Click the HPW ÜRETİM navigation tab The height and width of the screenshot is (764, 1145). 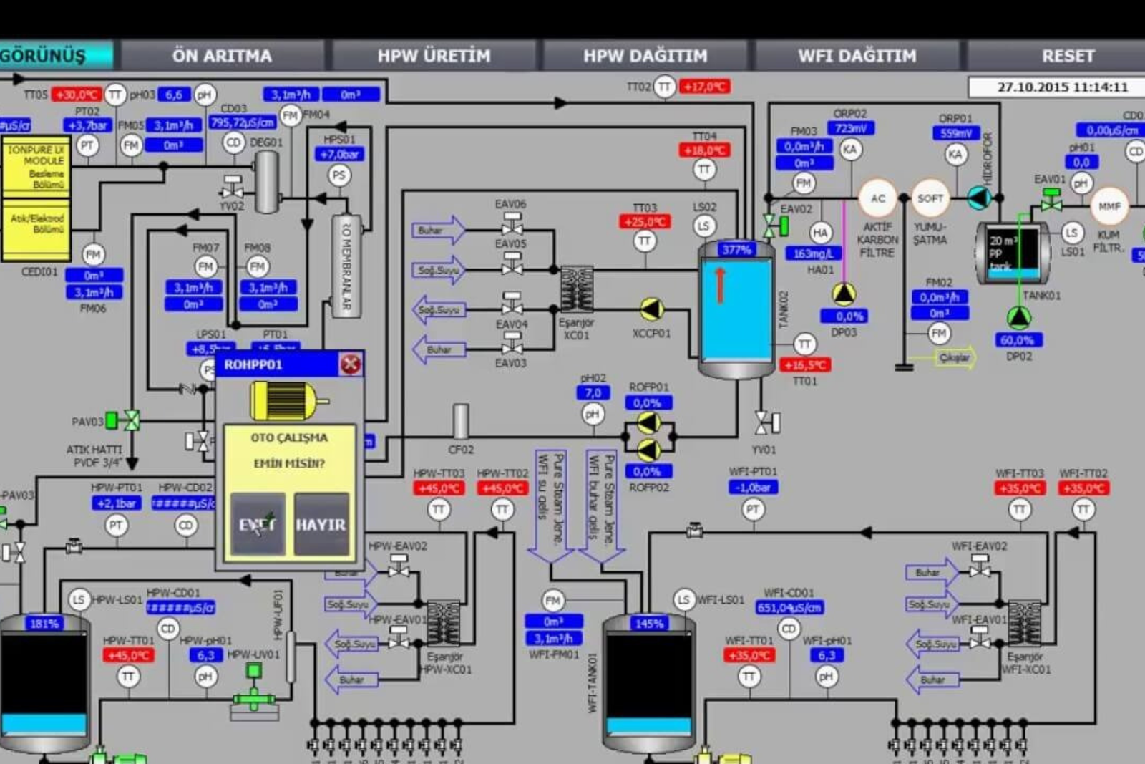(x=434, y=56)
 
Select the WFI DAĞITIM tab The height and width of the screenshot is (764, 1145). (x=857, y=56)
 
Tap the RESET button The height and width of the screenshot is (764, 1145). (x=1068, y=56)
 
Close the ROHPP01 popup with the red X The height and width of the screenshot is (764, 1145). (x=350, y=364)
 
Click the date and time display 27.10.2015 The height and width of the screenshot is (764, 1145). (x=1062, y=87)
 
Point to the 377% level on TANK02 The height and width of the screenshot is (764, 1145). (x=736, y=250)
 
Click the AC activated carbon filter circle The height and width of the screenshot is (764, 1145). (x=877, y=199)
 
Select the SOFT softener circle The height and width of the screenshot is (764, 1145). (x=930, y=199)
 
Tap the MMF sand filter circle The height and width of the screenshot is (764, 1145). (x=1109, y=206)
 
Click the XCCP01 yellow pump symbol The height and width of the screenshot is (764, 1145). (x=651, y=309)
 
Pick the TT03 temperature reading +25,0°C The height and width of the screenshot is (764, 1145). (x=645, y=222)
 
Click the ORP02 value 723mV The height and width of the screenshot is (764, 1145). (x=850, y=129)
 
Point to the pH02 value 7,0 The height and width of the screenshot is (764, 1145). (x=593, y=392)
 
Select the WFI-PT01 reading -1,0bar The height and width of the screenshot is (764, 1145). (x=753, y=488)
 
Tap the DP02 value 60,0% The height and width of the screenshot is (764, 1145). (x=1017, y=340)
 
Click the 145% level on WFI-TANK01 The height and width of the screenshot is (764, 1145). (x=649, y=624)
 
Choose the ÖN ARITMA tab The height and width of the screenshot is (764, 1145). (x=222, y=56)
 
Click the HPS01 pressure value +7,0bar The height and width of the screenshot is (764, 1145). (x=339, y=155)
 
